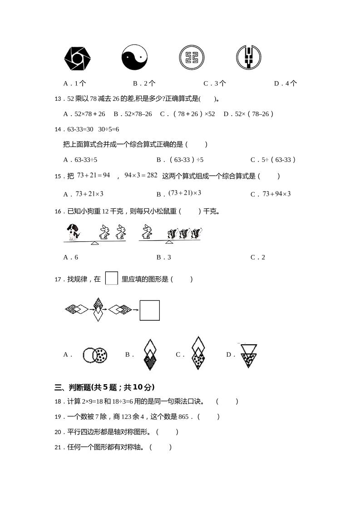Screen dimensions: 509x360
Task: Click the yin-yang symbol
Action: [134, 58]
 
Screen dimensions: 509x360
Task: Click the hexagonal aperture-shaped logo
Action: [78, 58]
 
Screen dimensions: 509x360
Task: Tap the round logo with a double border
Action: [192, 58]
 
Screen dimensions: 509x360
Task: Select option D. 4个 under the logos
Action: [286, 83]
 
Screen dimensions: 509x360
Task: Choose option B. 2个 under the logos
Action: [144, 83]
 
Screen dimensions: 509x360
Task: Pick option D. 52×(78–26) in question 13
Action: [249, 114]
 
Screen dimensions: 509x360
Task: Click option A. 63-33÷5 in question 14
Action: [80, 160]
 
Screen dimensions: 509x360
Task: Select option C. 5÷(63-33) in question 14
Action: [273, 160]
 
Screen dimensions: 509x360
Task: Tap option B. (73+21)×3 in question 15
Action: [179, 194]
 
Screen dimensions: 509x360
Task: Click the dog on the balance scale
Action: [73, 232]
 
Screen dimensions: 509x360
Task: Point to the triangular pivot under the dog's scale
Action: [94, 243]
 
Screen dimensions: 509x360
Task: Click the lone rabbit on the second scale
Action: [146, 232]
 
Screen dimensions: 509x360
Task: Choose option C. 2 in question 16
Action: [257, 257]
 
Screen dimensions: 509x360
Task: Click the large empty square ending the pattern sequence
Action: [149, 310]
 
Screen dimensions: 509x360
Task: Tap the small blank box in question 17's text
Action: [111, 278]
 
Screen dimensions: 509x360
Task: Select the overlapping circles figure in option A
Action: [95, 355]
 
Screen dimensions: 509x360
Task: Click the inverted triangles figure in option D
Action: [248, 354]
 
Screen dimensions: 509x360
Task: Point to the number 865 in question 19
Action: [183, 416]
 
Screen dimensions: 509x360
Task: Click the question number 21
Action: [58, 447]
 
